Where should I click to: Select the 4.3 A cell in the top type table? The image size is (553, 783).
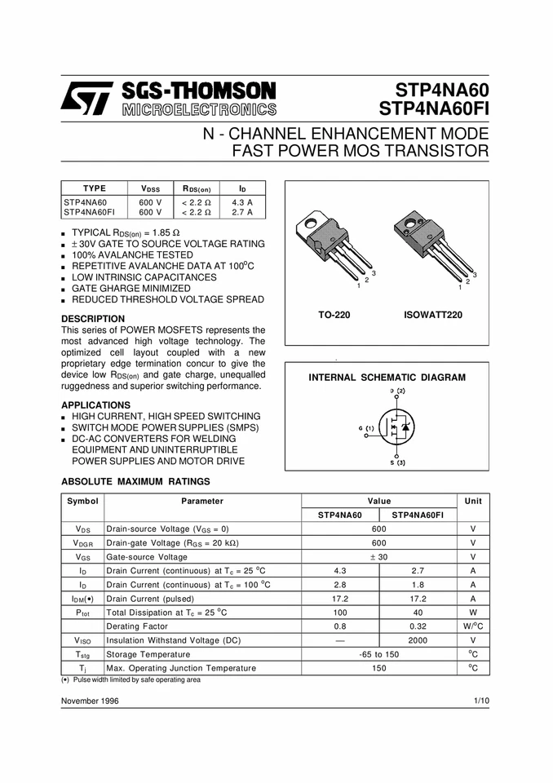[x=241, y=201]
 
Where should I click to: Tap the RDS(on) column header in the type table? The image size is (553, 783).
[x=196, y=188]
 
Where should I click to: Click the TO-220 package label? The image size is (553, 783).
[x=334, y=314]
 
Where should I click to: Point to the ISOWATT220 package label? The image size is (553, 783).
[x=432, y=314]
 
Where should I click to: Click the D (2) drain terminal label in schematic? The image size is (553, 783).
[x=397, y=391]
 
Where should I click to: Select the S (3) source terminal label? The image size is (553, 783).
[x=396, y=463]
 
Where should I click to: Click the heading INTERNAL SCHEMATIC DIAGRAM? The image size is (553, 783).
[x=387, y=378]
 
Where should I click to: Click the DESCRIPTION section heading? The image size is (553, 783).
[x=93, y=319]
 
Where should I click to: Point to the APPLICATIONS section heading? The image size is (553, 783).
[x=95, y=405]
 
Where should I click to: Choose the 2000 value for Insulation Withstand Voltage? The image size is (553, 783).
[x=418, y=640]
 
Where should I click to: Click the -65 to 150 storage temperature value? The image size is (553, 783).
[x=379, y=654]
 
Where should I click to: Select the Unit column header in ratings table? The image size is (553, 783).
[x=473, y=501]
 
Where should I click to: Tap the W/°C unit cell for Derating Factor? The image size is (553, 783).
[x=473, y=626]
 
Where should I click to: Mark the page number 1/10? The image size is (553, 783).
[x=480, y=701]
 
